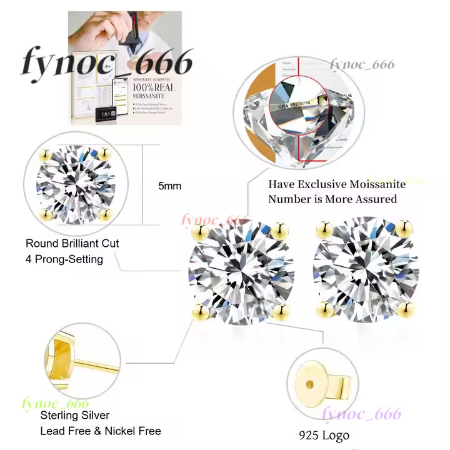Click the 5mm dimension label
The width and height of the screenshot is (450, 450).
pos(170,186)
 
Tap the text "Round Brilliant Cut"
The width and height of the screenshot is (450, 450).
pos(72,243)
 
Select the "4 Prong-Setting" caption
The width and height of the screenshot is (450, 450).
pos(64,259)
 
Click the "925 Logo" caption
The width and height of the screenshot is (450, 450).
pos(324,436)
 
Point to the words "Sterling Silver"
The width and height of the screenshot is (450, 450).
pos(75,416)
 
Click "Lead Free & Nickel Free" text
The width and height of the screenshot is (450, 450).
pos(101,431)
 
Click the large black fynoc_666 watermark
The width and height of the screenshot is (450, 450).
pos(107,63)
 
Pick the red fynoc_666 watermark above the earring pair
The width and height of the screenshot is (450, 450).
pos(214,220)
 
